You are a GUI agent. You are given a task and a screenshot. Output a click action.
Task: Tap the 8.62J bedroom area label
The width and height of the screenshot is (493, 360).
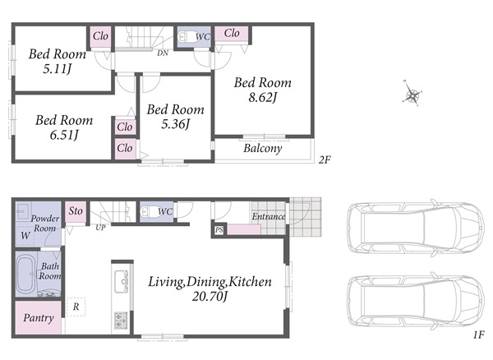(263, 98)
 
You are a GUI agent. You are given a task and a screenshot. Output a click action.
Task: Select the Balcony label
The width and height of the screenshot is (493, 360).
(263, 148)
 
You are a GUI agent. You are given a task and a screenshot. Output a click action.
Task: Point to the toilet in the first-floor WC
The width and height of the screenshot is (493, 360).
(148, 211)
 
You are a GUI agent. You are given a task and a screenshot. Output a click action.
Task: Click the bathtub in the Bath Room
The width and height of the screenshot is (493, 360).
(26, 274)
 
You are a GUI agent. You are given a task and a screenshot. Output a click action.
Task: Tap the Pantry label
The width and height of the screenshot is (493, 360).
(39, 318)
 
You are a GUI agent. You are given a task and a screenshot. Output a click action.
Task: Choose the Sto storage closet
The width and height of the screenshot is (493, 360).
(76, 212)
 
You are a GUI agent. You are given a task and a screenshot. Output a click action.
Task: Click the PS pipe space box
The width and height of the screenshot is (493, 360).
(219, 230)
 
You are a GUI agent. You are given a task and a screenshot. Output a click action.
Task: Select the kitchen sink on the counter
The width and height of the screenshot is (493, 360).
(122, 282)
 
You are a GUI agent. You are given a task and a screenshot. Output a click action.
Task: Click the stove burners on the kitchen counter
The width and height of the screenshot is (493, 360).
(121, 321)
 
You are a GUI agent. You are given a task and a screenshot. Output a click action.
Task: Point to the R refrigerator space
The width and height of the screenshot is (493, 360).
(76, 307)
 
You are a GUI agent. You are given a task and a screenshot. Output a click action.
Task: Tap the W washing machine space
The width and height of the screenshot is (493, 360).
(25, 235)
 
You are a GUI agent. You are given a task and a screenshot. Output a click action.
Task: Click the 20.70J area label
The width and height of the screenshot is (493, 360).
(210, 297)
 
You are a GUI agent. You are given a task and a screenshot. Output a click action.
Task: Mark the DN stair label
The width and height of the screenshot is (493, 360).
(163, 53)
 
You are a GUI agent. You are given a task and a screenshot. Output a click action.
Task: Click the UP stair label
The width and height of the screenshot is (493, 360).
(100, 228)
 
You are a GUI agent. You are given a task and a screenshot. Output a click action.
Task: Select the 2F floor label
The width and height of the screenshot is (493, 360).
(325, 160)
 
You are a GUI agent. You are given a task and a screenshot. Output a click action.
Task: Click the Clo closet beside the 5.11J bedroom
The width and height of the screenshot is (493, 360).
(100, 36)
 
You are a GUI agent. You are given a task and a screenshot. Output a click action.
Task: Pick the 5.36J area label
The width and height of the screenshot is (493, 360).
(176, 124)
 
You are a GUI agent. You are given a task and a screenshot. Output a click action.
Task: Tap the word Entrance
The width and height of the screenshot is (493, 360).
(269, 216)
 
